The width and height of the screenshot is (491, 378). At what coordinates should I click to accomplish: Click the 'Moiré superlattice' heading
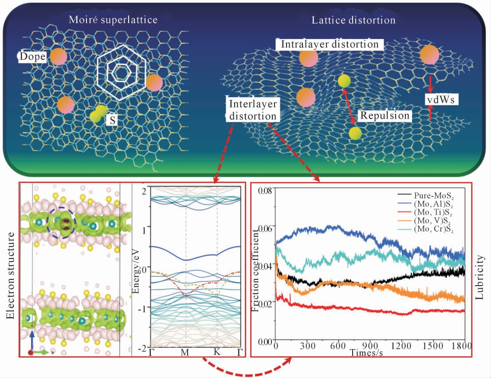pos(114,20)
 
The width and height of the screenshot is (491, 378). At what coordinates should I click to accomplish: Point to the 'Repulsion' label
pos(385,115)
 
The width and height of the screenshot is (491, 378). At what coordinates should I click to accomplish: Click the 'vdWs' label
pos(442,100)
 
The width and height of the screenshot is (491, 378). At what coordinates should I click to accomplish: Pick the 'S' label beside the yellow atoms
pos(114,120)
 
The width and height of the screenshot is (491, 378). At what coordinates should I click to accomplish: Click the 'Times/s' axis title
pos(366,353)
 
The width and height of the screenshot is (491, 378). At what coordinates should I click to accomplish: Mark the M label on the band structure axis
pos(185,352)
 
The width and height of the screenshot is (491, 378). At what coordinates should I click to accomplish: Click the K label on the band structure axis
pos(217,352)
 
